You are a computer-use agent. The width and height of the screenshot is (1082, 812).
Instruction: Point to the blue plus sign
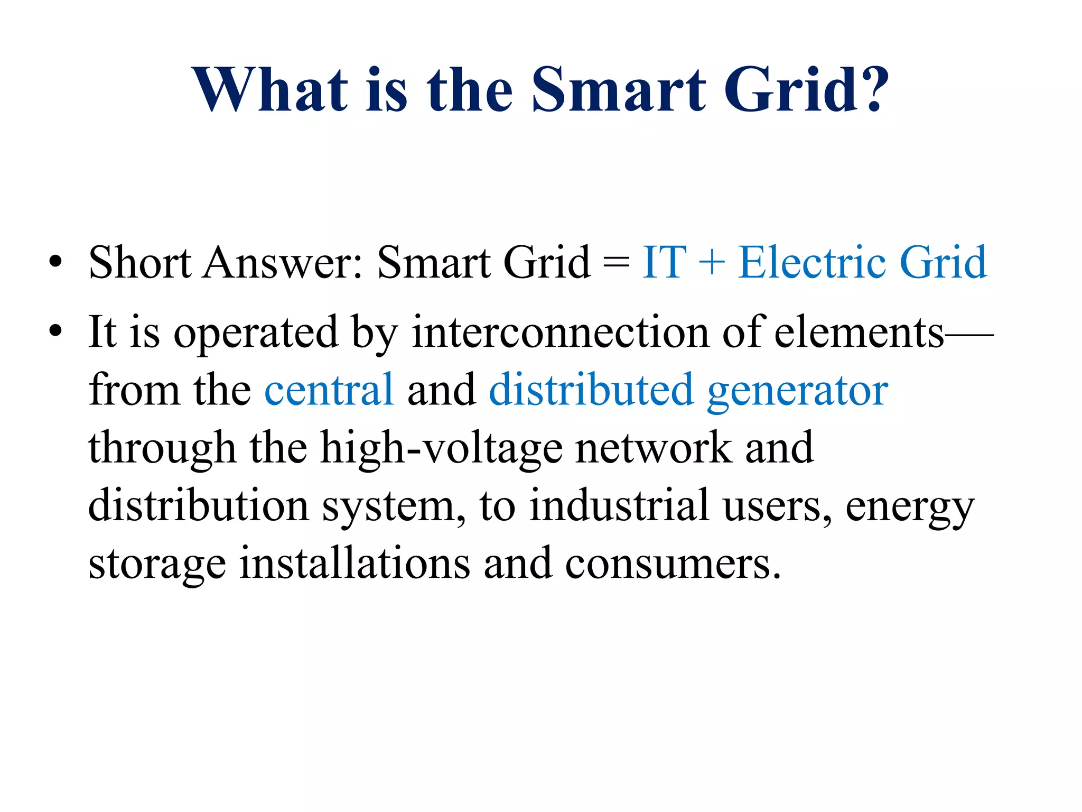tap(711, 263)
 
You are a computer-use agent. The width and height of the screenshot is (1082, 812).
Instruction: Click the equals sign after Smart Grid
tap(616, 263)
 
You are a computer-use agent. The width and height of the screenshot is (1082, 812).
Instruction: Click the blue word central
tap(329, 390)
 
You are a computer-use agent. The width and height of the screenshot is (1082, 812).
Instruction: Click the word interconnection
tap(560, 332)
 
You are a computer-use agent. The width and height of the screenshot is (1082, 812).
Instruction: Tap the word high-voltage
tap(442, 448)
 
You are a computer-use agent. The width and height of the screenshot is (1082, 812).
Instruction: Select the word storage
tap(157, 565)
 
